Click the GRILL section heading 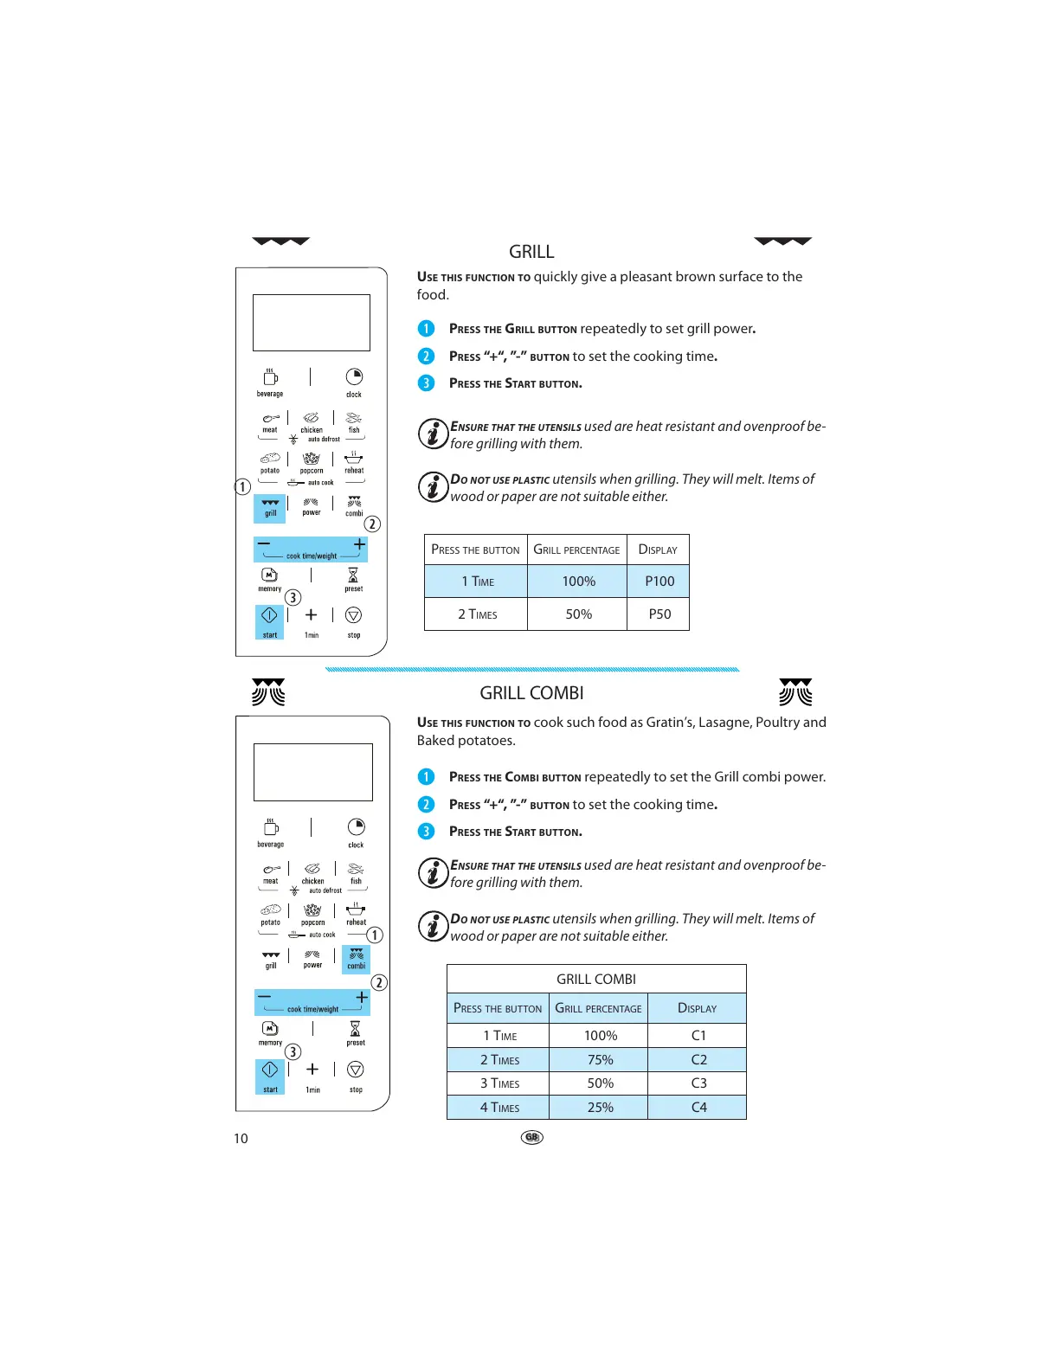(531, 252)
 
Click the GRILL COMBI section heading (531, 693)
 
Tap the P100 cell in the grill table (659, 582)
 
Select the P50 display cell (659, 614)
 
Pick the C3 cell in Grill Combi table (698, 1083)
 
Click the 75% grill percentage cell (600, 1060)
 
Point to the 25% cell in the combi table (600, 1108)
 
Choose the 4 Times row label (499, 1108)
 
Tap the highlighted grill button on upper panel (270, 508)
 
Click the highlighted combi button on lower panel (356, 959)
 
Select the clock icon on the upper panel (354, 377)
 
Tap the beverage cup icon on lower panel (270, 827)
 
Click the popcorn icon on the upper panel (312, 459)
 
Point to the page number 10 (241, 1139)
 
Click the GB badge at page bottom (531, 1137)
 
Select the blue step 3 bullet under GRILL (426, 383)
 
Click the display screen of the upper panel (311, 323)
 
